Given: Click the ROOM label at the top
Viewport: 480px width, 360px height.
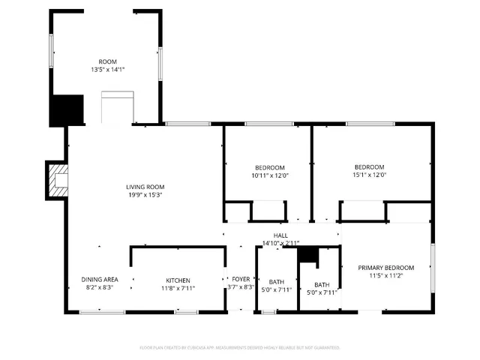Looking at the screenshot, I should click(107, 61).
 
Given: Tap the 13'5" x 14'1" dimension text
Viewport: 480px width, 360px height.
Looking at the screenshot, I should click(107, 69).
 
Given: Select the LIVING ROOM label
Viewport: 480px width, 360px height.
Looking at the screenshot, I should click(145, 187).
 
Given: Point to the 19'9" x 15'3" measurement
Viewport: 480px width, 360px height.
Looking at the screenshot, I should click(145, 194).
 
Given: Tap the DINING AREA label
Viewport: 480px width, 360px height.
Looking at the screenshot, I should click(100, 280).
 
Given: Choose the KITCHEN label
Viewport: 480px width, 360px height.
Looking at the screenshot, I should click(178, 280).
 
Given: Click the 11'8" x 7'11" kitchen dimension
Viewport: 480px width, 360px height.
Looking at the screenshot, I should click(178, 287).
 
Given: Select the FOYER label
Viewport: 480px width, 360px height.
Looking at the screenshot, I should click(241, 279).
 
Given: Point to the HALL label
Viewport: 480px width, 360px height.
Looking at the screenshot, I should click(280, 235).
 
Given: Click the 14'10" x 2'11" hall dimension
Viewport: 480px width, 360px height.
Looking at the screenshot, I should click(280, 243).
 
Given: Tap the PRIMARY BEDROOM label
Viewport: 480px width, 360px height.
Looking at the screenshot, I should click(385, 268).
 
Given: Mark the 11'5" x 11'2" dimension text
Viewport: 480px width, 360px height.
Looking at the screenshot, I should click(385, 275).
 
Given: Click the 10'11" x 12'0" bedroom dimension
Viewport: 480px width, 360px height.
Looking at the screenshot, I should click(269, 175).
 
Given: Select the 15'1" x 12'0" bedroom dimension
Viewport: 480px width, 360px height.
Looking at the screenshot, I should click(369, 175).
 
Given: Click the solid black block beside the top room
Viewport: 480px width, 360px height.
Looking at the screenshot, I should click(66, 110).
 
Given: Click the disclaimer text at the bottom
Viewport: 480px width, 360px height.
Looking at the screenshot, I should click(240, 348).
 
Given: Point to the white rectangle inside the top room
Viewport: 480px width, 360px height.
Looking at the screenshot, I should click(117, 107).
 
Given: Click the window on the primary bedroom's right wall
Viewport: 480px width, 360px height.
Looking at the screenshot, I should click(432, 271).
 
